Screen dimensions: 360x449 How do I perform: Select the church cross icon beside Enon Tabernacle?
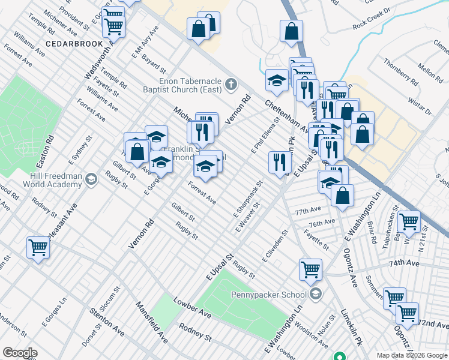click(231, 86)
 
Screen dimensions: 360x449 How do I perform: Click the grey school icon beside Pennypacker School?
click(316, 294)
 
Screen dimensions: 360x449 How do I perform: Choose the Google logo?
click(20, 353)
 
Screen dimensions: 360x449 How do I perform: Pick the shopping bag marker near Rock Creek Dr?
click(291, 32)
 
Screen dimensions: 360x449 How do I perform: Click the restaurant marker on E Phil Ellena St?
click(279, 162)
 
